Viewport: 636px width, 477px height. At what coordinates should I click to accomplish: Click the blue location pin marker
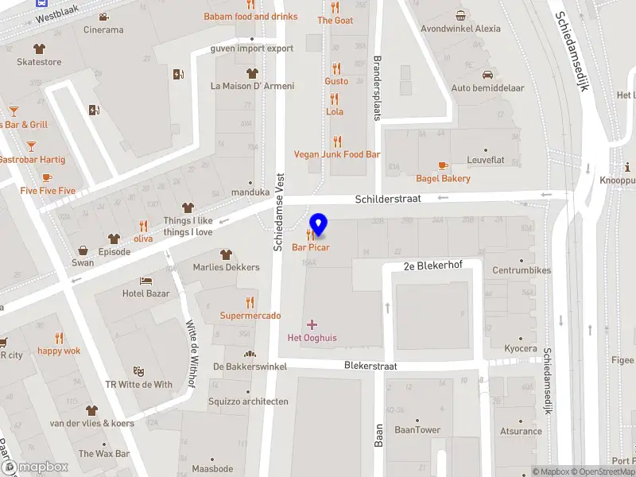(x=319, y=225)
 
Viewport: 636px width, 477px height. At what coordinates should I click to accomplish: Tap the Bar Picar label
(x=311, y=248)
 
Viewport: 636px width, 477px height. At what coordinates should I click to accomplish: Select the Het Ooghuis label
(x=312, y=338)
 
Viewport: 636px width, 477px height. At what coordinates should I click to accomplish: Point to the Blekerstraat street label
(x=370, y=366)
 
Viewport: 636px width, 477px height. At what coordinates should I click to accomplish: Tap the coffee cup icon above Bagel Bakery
(x=443, y=165)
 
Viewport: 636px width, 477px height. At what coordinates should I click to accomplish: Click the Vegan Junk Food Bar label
(x=337, y=154)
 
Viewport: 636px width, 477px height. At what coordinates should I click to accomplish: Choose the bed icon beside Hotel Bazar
(x=145, y=281)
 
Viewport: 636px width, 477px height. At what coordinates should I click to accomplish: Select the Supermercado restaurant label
(x=250, y=316)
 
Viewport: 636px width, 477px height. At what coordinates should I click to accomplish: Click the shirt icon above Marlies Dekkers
(x=226, y=254)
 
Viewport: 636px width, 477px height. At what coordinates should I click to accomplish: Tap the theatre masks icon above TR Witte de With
(x=139, y=371)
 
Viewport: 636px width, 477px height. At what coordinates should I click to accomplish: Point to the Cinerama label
(x=104, y=30)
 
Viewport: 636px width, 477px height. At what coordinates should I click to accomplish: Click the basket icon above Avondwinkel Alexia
(x=460, y=15)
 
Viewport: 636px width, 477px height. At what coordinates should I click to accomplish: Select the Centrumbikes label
(x=522, y=271)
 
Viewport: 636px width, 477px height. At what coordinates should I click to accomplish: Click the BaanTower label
(x=417, y=430)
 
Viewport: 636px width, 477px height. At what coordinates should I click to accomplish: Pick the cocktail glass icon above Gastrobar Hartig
(x=31, y=146)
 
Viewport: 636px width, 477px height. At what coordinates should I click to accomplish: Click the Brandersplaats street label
(x=378, y=87)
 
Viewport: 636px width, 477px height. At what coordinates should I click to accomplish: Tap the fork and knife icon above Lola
(x=335, y=99)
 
